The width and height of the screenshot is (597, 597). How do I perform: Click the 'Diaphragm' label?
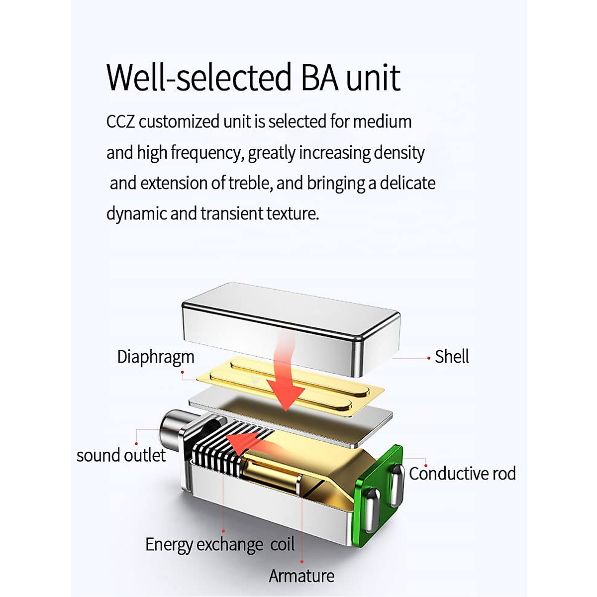tap(155, 357)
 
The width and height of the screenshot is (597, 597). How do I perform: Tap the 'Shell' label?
tap(452, 357)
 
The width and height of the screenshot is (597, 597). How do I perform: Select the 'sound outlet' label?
tap(121, 455)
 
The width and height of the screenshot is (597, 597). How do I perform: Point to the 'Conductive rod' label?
tap(462, 474)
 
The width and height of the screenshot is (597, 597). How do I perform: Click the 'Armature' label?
tap(301, 576)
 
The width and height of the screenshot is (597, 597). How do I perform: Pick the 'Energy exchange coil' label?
tap(220, 545)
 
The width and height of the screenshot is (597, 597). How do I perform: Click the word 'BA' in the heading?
tap(319, 78)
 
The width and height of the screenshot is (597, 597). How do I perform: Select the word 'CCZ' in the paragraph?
tap(120, 122)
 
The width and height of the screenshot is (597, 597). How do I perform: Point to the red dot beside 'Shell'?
tap(429, 358)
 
